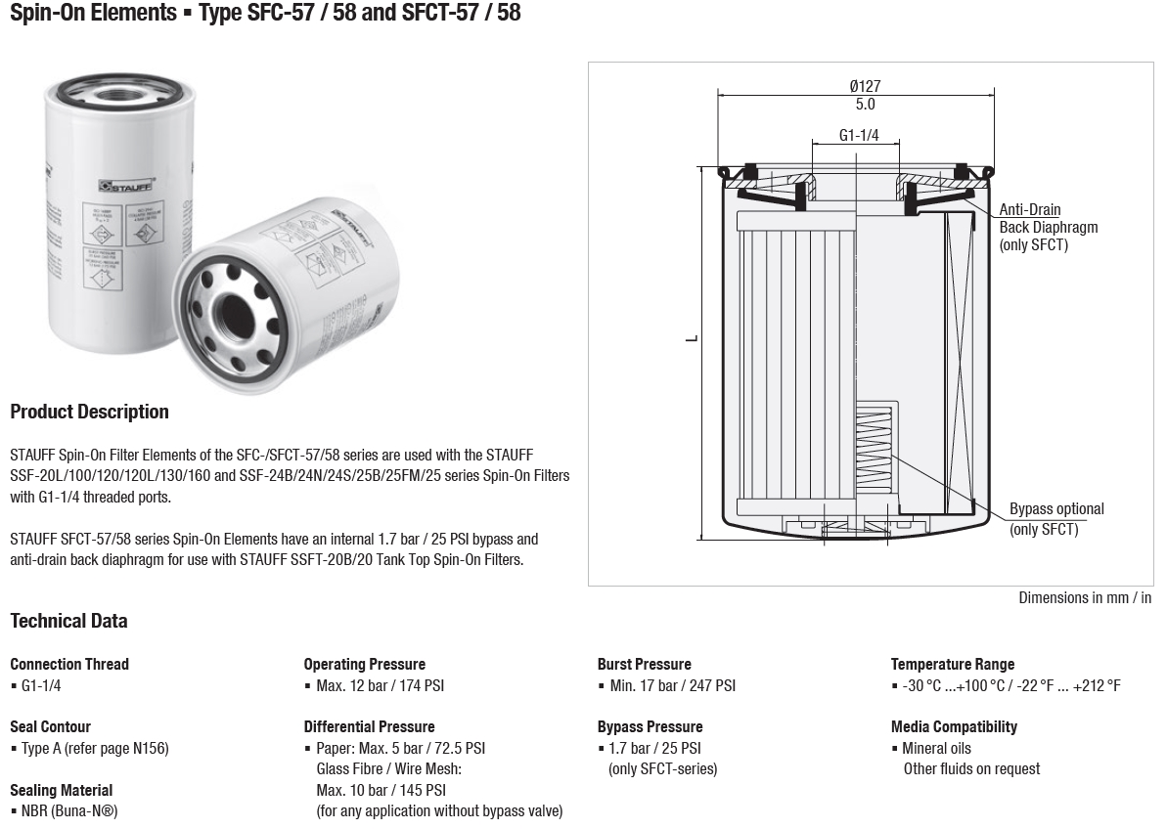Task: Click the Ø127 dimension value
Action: tap(865, 86)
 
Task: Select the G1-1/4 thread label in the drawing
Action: tap(859, 135)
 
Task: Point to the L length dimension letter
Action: tap(692, 338)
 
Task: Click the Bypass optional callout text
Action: tap(1056, 509)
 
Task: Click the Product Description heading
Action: tap(89, 412)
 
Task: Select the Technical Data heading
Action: tap(68, 621)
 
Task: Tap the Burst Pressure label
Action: tap(644, 664)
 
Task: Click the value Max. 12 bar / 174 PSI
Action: tap(380, 685)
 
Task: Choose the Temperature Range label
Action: tap(952, 664)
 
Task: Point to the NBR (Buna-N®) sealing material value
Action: tap(68, 810)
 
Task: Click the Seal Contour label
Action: tap(50, 726)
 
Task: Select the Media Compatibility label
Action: tap(954, 726)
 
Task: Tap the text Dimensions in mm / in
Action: tap(1085, 597)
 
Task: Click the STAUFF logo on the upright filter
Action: tap(120, 185)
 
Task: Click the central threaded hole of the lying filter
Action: tap(236, 313)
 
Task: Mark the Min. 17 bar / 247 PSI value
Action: tap(672, 685)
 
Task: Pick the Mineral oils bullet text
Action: tap(936, 748)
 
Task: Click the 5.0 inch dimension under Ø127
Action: tap(865, 104)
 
